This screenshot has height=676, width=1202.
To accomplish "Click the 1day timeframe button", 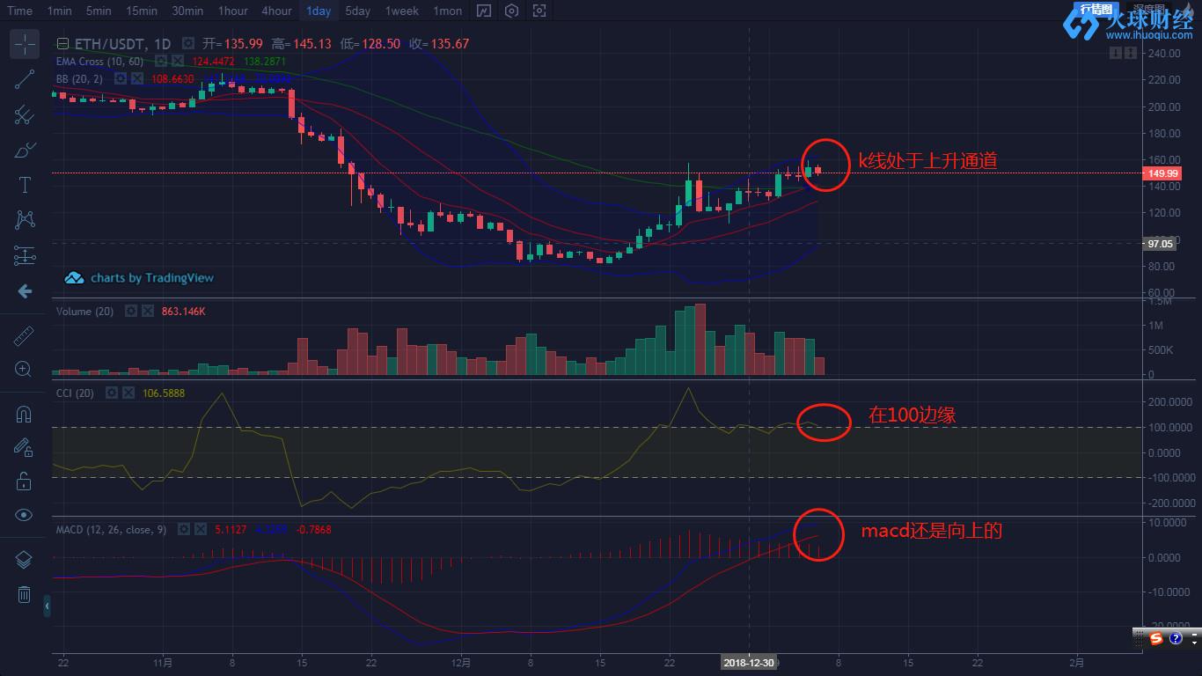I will [x=319, y=11].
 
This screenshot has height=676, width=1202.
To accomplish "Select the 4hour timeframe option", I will [x=276, y=11].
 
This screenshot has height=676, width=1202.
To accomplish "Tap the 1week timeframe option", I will [x=401, y=11].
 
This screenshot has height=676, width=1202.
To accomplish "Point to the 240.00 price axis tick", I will [x=1163, y=53].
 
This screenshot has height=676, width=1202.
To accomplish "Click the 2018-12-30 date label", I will [x=749, y=662].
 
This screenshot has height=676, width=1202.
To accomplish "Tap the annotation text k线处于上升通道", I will [x=927, y=161].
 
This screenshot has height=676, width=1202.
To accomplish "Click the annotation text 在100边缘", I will [x=912, y=415].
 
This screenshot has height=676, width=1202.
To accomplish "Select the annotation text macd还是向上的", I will [x=931, y=531].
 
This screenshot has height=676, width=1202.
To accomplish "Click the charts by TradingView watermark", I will [x=140, y=278].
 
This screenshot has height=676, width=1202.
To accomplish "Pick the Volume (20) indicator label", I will [x=84, y=312].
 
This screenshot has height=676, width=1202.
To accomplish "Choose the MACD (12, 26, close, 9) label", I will [x=111, y=530].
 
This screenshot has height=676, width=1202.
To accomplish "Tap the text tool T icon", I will [x=25, y=185].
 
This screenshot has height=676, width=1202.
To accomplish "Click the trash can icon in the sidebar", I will [x=25, y=595].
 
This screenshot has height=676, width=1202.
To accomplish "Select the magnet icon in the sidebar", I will [x=25, y=415].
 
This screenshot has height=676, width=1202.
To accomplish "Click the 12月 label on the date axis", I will [x=460, y=662].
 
